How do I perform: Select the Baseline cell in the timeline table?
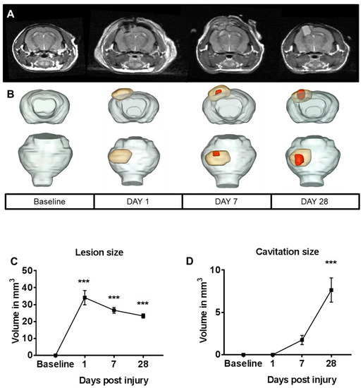pyautogui.click(x=49, y=201)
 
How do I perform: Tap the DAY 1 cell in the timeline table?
pyautogui.click(x=138, y=201)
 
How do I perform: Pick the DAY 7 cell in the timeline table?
pyautogui.click(x=226, y=201)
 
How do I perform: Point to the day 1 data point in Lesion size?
pyautogui.click(x=85, y=298)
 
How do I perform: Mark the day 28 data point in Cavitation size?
pyautogui.click(x=331, y=290)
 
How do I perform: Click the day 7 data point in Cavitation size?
pyautogui.click(x=301, y=340)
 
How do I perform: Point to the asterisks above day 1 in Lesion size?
pyautogui.click(x=85, y=282)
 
